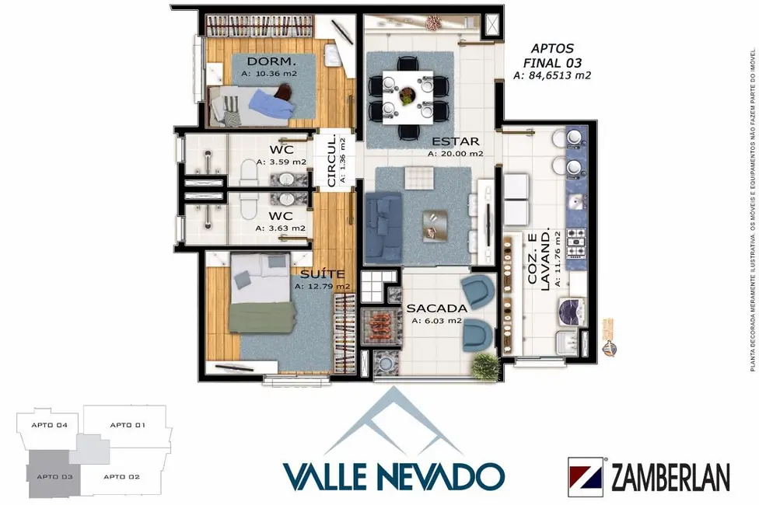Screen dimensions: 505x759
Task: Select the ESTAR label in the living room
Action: (455, 141)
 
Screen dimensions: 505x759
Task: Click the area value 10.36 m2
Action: (268, 73)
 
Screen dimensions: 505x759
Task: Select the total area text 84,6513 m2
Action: (552, 75)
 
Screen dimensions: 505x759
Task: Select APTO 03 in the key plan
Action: (52, 476)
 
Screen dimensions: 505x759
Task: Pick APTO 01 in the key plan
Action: (128, 425)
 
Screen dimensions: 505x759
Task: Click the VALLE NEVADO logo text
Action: (394, 475)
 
